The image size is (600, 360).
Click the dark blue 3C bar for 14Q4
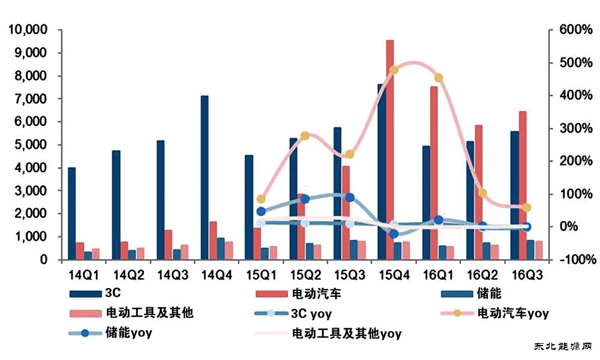(205, 178)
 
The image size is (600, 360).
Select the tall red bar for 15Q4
(390, 150)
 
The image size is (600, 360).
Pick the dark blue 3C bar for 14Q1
(72, 214)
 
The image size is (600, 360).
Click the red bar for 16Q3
(522, 185)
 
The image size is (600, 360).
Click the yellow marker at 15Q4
(394, 70)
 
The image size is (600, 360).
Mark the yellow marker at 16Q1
(439, 78)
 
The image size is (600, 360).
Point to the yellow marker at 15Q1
(260, 199)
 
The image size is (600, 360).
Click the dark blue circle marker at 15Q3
(350, 197)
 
